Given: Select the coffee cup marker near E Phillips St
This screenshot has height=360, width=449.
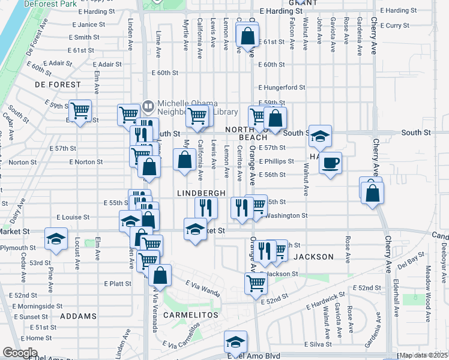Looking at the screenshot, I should [x=330, y=163].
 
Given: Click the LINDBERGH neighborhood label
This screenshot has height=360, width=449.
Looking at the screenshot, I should [x=201, y=193].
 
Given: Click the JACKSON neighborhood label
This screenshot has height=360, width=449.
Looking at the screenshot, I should [x=313, y=257].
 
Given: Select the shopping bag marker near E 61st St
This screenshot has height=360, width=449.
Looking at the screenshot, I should [x=247, y=37].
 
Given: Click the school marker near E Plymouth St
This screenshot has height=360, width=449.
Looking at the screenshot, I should [x=56, y=240].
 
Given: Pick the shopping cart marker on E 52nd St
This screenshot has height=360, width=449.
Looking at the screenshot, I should [x=256, y=284].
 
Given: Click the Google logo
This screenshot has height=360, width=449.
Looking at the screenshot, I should [x=20, y=353].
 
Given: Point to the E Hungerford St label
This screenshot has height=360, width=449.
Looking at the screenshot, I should [x=282, y=87].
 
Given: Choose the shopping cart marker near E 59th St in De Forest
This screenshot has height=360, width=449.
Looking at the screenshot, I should [x=80, y=110].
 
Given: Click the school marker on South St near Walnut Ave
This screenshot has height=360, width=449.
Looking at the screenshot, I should [x=321, y=136].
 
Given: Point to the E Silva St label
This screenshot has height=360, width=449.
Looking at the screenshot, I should [x=318, y=344].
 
